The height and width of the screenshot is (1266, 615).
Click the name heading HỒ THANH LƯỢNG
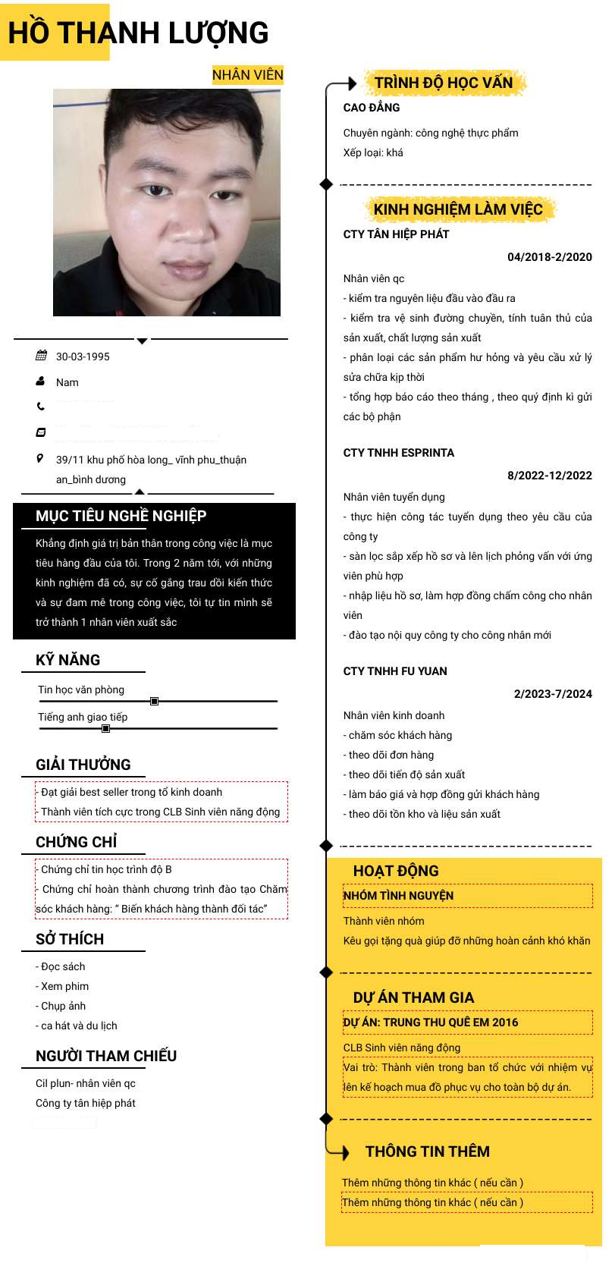point(138,33)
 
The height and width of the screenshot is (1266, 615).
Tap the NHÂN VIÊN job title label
point(247,74)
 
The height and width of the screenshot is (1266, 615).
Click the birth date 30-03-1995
point(83,357)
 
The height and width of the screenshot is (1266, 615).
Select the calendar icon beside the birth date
point(41,356)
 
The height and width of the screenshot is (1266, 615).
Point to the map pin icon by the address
point(40,458)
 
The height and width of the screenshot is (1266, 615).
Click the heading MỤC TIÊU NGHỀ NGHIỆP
point(121,516)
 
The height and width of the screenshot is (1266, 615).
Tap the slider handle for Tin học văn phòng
point(154,702)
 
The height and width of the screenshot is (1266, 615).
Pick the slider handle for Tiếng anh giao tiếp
point(105,729)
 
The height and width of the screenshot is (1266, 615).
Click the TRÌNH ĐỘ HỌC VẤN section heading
point(443,83)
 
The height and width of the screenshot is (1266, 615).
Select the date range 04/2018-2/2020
point(549,257)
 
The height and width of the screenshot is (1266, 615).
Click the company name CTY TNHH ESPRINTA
point(398,453)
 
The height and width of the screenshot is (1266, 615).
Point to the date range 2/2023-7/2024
point(552,694)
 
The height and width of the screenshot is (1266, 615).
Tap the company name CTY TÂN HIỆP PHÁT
point(396,234)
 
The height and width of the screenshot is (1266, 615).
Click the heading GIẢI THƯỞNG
point(83,765)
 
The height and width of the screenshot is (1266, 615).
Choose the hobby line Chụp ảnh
point(63,1006)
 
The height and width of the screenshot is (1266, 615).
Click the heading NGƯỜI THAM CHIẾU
point(106,1056)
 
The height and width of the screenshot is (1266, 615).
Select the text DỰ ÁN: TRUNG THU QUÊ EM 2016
point(431,1023)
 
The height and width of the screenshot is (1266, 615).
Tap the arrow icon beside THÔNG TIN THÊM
point(343,1152)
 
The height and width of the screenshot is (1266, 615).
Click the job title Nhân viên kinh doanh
point(394,715)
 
